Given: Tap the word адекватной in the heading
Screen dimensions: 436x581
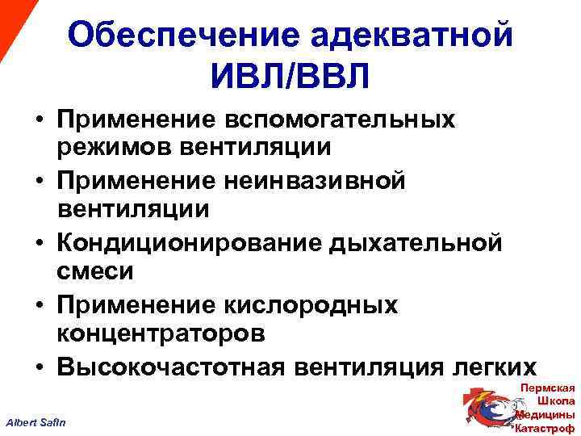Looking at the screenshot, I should [411, 36].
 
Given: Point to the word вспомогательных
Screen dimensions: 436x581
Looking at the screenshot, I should [345, 119].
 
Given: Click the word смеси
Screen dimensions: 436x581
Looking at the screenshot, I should [95, 272].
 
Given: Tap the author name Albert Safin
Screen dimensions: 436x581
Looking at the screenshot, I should [37, 423].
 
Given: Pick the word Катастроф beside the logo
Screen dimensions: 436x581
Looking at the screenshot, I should [544, 428].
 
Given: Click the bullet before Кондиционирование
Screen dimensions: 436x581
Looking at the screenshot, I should [38, 242].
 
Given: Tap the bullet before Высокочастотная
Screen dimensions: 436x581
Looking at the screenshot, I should [38, 367].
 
